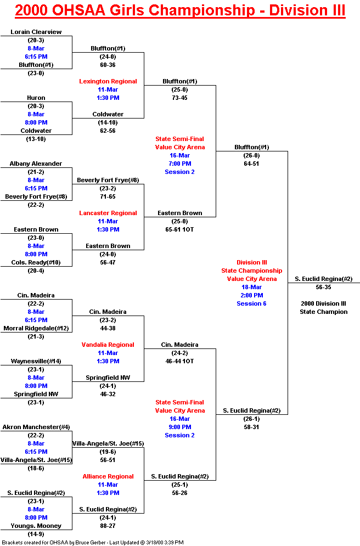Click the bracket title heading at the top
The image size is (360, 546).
pyautogui.click(x=180, y=10)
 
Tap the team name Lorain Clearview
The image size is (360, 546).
pyautogui.click(x=36, y=32)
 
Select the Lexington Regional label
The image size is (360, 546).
pyautogui.click(x=108, y=81)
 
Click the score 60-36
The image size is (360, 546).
pyautogui.click(x=108, y=65)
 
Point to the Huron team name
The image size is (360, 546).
pyautogui.click(x=36, y=98)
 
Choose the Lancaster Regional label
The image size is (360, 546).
pyautogui.click(x=108, y=213)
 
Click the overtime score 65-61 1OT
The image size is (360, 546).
pyautogui.click(x=179, y=229)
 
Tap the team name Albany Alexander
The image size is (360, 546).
pyautogui.click(x=36, y=164)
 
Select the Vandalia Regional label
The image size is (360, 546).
pyautogui.click(x=108, y=345)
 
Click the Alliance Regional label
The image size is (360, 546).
pyautogui.click(x=108, y=476)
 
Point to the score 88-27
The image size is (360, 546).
pyautogui.click(x=108, y=526)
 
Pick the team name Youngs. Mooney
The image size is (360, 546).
pyautogui.click(x=36, y=526)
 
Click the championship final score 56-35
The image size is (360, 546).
pyautogui.click(x=323, y=288)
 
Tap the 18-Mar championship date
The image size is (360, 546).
pyautogui.click(x=252, y=288)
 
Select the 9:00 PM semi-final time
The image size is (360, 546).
pyautogui.click(x=179, y=427)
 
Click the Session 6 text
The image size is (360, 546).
pyautogui.click(x=251, y=303)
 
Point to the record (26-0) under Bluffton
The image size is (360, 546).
pyautogui.click(x=251, y=155)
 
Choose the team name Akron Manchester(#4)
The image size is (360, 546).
pyautogui.click(x=36, y=427)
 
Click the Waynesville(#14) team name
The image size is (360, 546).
pyautogui.click(x=36, y=361)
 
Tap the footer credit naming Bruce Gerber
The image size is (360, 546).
pyautogui.click(x=93, y=543)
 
